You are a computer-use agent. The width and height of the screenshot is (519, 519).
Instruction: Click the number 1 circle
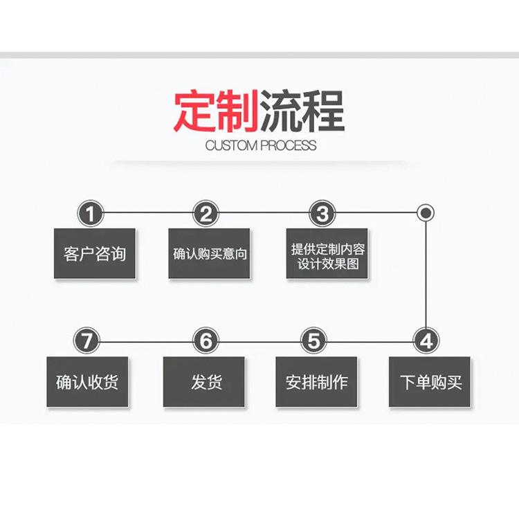[x=90, y=213]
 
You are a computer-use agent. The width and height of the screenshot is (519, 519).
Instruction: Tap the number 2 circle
[x=206, y=213]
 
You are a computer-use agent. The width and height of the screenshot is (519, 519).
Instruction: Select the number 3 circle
[x=322, y=213]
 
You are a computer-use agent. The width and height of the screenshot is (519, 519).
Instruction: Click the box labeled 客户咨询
[x=95, y=253]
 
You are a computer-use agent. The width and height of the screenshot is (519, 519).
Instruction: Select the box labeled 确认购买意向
[x=209, y=253]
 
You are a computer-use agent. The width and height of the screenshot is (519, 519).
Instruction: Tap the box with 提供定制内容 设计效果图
[x=327, y=253]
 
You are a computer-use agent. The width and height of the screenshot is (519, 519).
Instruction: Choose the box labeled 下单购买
[x=430, y=381]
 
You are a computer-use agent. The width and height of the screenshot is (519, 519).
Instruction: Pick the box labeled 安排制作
[x=316, y=381]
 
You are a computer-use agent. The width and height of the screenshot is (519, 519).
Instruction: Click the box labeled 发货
[x=204, y=381]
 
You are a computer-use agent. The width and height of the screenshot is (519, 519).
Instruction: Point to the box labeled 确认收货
[x=87, y=381]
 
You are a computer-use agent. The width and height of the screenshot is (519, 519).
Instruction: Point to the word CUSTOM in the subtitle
[x=232, y=146]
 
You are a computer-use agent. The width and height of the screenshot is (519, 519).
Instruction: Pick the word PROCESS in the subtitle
[x=289, y=146]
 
